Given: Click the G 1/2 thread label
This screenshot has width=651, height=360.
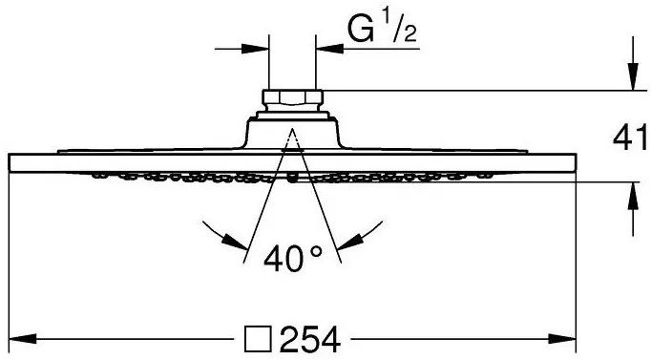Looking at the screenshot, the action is (x=382, y=29).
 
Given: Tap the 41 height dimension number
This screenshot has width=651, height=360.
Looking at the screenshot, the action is (x=630, y=137).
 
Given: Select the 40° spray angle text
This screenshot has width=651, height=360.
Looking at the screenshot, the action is (x=293, y=258).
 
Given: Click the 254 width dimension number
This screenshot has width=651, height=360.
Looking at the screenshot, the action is (x=310, y=339).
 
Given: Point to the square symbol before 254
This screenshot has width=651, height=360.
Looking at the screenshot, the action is (x=258, y=339).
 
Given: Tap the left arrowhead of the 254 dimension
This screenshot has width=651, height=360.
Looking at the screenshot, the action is (x=22, y=338).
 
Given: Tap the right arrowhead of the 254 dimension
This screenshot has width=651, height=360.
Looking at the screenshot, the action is (x=561, y=338).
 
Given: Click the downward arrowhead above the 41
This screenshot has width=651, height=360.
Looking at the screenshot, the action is (x=633, y=76).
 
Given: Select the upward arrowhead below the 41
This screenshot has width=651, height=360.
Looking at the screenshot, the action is (x=633, y=196).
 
